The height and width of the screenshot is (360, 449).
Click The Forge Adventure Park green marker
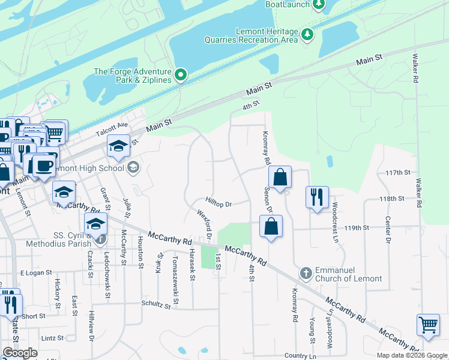(181, 76)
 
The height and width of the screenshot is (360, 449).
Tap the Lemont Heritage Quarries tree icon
(308, 34)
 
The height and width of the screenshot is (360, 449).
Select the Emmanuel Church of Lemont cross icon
(306, 274)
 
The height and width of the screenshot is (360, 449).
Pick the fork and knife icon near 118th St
(317, 197)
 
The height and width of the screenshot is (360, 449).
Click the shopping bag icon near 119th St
(271, 226)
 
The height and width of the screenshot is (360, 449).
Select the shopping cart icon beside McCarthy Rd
(428, 325)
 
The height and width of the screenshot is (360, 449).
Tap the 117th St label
(397, 172)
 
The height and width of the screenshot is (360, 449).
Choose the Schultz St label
(156, 305)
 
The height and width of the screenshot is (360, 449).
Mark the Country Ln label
(300, 356)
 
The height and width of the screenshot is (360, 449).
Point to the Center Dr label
(388, 230)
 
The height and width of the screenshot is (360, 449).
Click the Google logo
(19, 353)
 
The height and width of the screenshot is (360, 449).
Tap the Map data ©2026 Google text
(411, 355)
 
